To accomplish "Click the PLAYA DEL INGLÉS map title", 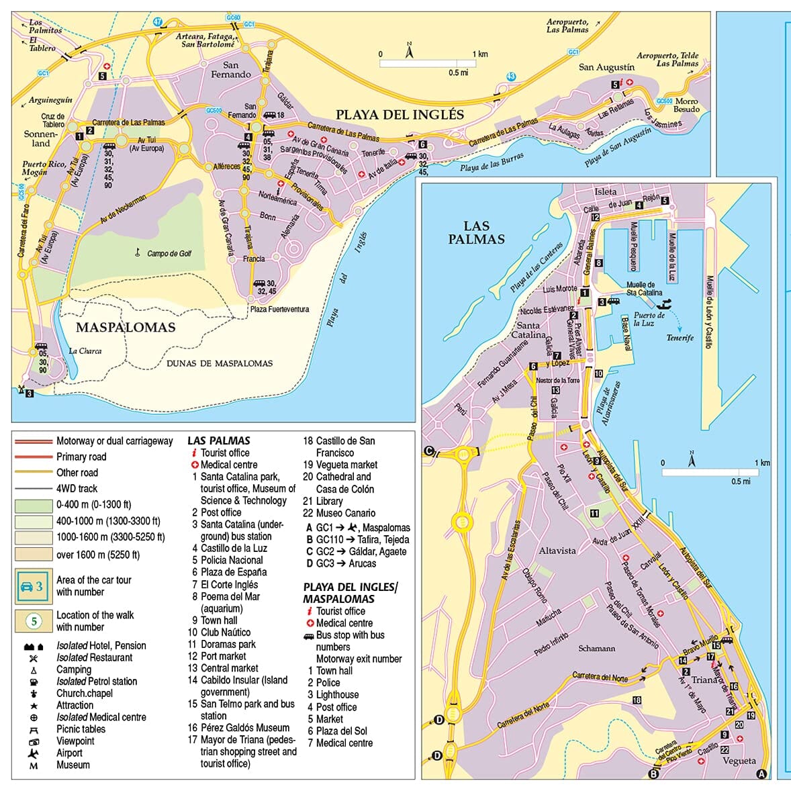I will [400, 115].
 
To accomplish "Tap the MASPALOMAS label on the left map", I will [126, 328].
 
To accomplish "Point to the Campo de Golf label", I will [169, 254].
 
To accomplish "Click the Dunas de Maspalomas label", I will [220, 363].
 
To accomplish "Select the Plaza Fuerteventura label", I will [279, 310].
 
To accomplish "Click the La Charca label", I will [85, 351].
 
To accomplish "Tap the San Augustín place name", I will [606, 67].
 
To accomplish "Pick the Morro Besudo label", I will [686, 105].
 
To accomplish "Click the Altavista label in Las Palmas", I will [557, 551].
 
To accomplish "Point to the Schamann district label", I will [596, 649].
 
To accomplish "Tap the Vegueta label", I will [739, 761].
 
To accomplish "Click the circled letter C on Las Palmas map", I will [428, 451].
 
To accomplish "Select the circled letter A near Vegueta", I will [761, 774].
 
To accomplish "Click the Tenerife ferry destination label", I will [680, 338].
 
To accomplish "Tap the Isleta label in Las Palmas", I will [605, 191].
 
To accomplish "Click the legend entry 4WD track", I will [77, 489].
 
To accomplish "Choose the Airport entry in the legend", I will [69, 753].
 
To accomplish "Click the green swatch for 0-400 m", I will [34, 505].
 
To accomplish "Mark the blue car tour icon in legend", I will [34, 586].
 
